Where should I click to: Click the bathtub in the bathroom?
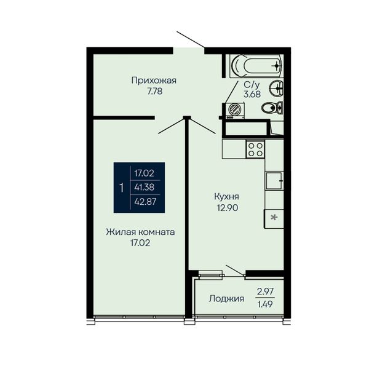tap(256, 66)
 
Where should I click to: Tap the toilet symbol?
tap(272, 108)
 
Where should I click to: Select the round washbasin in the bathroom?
tap(277, 88)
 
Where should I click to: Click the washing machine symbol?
tap(235, 110)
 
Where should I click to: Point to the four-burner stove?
tap(255, 149)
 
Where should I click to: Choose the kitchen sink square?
tap(274, 181)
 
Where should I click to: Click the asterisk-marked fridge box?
tap(274, 218)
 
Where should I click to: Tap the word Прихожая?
tap(154, 81)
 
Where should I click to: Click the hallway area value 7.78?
tap(155, 91)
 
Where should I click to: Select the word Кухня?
tap(226, 197)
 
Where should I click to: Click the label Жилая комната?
tap(140, 232)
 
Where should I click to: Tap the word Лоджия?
tap(226, 299)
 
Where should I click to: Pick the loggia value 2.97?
tap(265, 292)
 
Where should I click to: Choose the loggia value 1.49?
tap(265, 304)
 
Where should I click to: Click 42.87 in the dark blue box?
tap(145, 202)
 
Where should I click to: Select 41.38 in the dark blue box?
tap(145, 187)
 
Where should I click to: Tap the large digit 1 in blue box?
tap(121, 188)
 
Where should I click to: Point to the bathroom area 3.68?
tap(252, 94)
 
